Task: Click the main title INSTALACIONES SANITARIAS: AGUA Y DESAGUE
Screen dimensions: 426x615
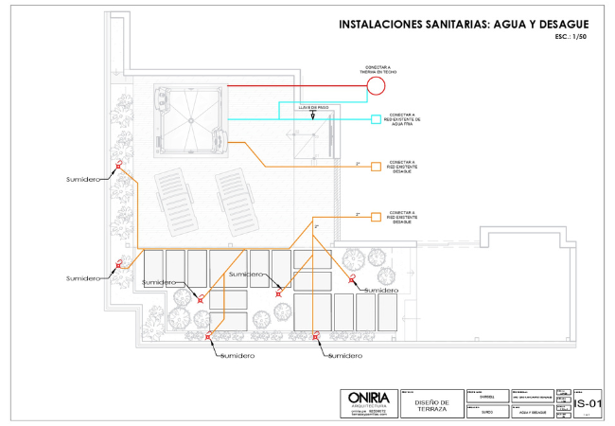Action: [x=464, y=24]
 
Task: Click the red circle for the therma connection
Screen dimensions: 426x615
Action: [x=377, y=86]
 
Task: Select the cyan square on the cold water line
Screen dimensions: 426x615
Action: [x=376, y=119]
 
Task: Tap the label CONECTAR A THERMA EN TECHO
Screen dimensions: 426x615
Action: [x=377, y=69]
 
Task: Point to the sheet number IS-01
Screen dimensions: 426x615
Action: [x=587, y=403]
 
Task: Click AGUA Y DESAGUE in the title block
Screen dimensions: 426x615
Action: [x=535, y=413]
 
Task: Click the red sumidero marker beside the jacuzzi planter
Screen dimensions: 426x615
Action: [x=118, y=165]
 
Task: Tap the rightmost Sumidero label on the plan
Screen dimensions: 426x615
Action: [x=380, y=290]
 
